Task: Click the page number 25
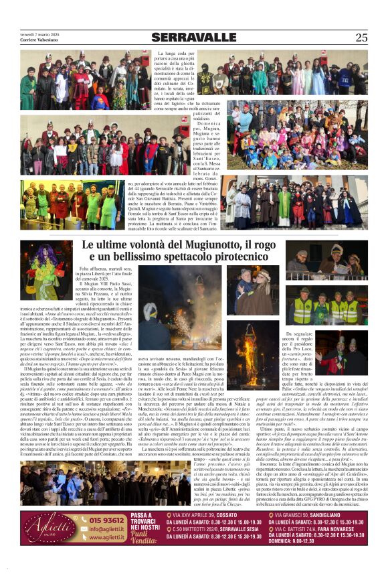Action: tap(361, 38)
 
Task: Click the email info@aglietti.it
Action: tap(106, 528)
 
